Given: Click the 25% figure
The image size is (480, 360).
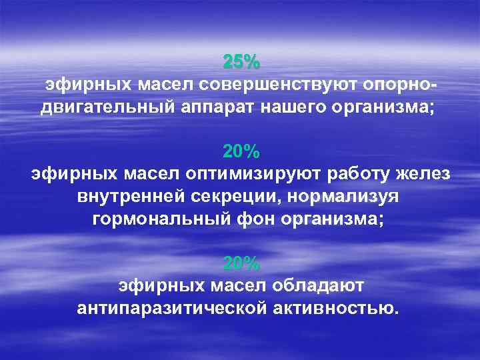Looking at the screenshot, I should [x=241, y=63].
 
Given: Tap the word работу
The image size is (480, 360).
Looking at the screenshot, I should [x=363, y=175].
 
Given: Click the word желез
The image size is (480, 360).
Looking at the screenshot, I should [x=425, y=175].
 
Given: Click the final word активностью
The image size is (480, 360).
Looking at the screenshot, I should [x=340, y=309].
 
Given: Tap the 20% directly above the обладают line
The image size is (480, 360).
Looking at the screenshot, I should [x=241, y=263].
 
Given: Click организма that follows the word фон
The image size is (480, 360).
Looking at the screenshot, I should [x=333, y=220].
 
